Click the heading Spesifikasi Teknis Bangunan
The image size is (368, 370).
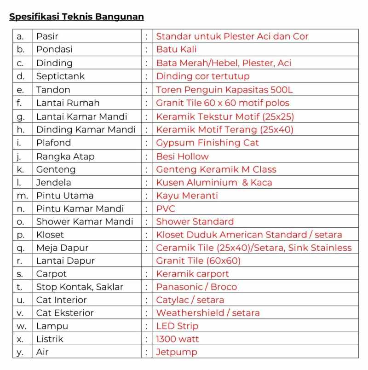[76, 17]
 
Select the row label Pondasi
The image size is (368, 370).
[54, 49]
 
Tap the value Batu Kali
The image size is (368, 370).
[176, 49]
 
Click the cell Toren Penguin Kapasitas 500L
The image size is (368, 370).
[224, 90]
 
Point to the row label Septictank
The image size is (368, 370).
[60, 76]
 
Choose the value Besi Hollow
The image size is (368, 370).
[182, 156]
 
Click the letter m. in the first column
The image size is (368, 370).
[22, 196]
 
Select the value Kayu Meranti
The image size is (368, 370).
[187, 196]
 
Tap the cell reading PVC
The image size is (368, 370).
[166, 208]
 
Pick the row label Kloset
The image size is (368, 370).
[50, 235]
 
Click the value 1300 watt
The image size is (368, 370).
[178, 339]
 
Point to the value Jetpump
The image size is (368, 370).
[177, 353]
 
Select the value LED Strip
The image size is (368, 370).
[177, 326]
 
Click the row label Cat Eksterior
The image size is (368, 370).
[65, 313]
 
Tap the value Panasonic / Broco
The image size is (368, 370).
[196, 287]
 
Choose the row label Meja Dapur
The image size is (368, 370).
[62, 248]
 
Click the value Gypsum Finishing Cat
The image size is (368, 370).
[207, 143]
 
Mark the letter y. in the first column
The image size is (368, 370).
[20, 353]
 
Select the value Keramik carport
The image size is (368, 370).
[192, 274]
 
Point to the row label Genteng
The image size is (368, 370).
[56, 169]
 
